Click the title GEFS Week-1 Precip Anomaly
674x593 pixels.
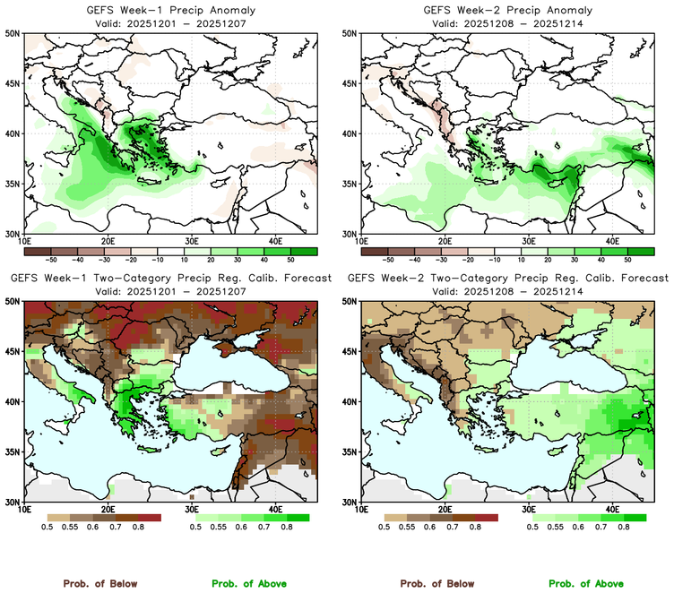(x=168, y=10)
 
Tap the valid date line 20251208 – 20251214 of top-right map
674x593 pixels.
(x=505, y=22)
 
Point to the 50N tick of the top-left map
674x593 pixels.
(x=14, y=33)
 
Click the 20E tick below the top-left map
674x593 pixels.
(x=108, y=241)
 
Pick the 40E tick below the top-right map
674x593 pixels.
(x=612, y=241)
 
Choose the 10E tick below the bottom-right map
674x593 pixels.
(x=362, y=509)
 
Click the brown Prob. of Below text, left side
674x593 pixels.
(x=100, y=583)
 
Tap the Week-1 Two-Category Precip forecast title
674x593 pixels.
(x=168, y=279)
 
